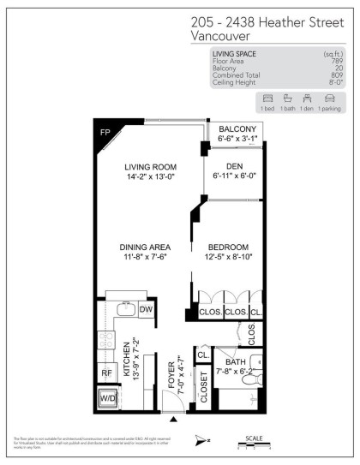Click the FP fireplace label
click(x=105, y=134)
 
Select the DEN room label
click(x=233, y=166)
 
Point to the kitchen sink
click(x=122, y=309)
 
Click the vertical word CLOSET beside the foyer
click(x=204, y=387)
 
